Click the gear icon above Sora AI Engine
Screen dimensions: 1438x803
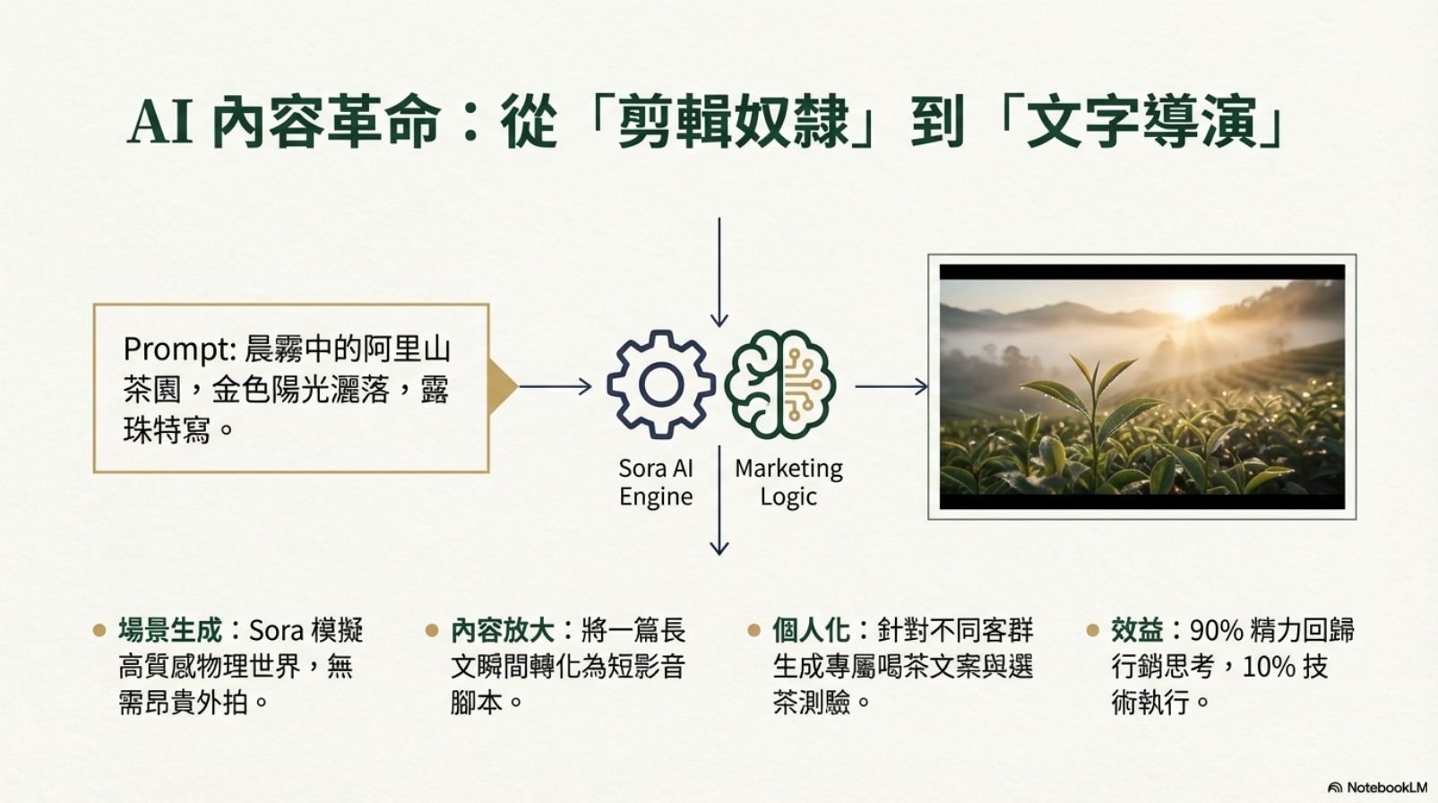(x=661, y=384)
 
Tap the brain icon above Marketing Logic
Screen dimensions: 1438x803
(x=780, y=384)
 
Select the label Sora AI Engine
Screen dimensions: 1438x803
(x=656, y=482)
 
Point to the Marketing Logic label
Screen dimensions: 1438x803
(x=789, y=482)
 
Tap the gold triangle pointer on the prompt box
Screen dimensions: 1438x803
(x=502, y=387)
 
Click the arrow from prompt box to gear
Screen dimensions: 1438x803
(x=555, y=387)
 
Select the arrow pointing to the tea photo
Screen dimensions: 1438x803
(x=891, y=387)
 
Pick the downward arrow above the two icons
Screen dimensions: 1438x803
(x=719, y=272)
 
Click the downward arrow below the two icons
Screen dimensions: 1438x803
(x=719, y=500)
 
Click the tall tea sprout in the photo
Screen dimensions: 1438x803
(x=1091, y=411)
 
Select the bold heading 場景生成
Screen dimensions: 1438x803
(x=170, y=630)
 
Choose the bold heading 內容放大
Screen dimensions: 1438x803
(x=503, y=630)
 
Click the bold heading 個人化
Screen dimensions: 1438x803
(x=812, y=630)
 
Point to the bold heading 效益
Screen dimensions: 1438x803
(x=1137, y=630)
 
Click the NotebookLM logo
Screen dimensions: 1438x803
(x=1377, y=787)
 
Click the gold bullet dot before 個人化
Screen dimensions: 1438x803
(x=754, y=630)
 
